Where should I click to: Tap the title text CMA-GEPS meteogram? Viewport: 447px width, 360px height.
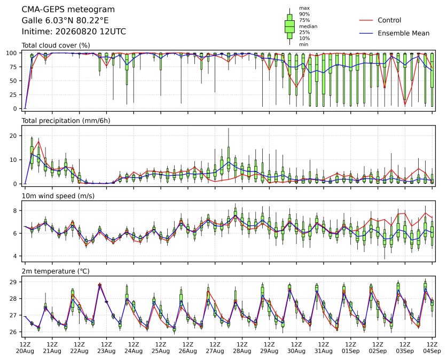pyautogui.click(x=68, y=10)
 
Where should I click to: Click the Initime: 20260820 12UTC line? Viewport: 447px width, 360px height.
pyautogui.click(x=74, y=32)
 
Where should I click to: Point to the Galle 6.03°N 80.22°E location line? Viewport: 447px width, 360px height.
pyautogui.click(x=65, y=20)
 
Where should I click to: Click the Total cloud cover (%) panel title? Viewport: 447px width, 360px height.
pyautogui.click(x=56, y=45)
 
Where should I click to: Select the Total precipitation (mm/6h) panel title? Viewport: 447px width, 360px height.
pyautogui.click(x=66, y=121)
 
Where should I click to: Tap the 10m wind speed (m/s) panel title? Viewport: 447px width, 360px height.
pyautogui.click(x=58, y=196)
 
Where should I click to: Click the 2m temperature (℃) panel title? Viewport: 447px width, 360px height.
pyautogui.click(x=56, y=271)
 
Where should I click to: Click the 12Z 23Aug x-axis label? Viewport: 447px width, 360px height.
pyautogui.click(x=106, y=348)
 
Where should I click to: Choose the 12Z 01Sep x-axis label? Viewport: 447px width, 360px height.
pyautogui.click(x=351, y=348)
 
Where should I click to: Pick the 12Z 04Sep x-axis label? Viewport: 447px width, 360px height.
pyautogui.click(x=432, y=348)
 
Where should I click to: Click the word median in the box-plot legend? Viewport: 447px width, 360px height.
pyautogui.click(x=308, y=26)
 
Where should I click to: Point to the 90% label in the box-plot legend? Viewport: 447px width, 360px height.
pyautogui.click(x=304, y=14)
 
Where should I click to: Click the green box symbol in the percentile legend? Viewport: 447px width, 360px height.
pyautogui.click(x=289, y=27)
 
